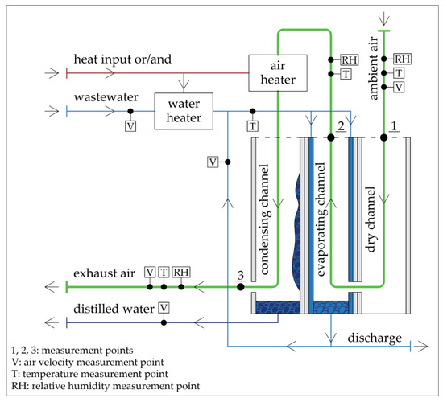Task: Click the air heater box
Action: tap(275, 72)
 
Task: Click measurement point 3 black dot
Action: tap(239, 285)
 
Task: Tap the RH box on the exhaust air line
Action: tap(182, 273)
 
